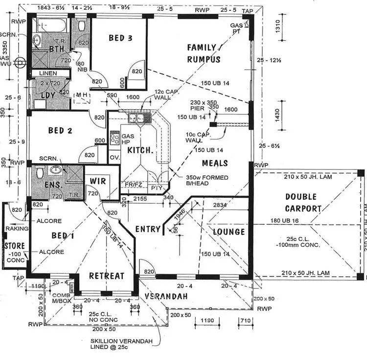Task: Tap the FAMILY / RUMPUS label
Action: [x=204, y=53]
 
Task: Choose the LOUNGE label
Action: [x=229, y=231]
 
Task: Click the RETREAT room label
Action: [x=106, y=276]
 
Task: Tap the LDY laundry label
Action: [x=47, y=95]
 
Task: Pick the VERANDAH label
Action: [x=166, y=296]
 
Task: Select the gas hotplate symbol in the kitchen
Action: [x=115, y=138]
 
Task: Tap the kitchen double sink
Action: [x=136, y=118]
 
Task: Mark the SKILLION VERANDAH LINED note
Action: [x=120, y=344]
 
